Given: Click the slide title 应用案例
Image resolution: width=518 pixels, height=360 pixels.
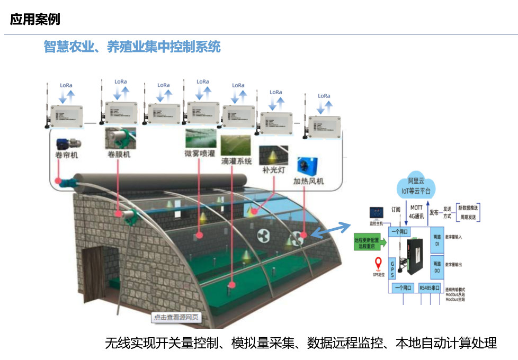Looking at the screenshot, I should [x=35, y=20].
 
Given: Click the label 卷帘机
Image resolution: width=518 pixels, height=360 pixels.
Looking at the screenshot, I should [x=67, y=155].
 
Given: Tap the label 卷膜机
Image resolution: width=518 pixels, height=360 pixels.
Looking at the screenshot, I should [x=119, y=155].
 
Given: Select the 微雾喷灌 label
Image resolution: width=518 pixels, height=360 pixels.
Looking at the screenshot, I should [x=200, y=154].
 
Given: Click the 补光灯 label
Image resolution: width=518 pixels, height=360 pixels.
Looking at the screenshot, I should [x=273, y=170].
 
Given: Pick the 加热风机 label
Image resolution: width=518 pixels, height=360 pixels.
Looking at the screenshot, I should [x=309, y=181].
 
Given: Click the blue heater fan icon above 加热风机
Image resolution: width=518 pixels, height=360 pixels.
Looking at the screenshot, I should [x=307, y=165].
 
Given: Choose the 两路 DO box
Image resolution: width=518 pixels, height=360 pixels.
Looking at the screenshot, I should [x=437, y=267].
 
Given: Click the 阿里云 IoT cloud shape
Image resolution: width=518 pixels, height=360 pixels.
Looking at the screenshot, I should [x=416, y=185].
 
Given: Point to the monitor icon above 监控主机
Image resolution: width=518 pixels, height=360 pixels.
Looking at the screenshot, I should [x=376, y=213].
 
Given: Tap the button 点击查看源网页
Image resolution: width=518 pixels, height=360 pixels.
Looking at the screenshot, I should [x=176, y=318].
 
